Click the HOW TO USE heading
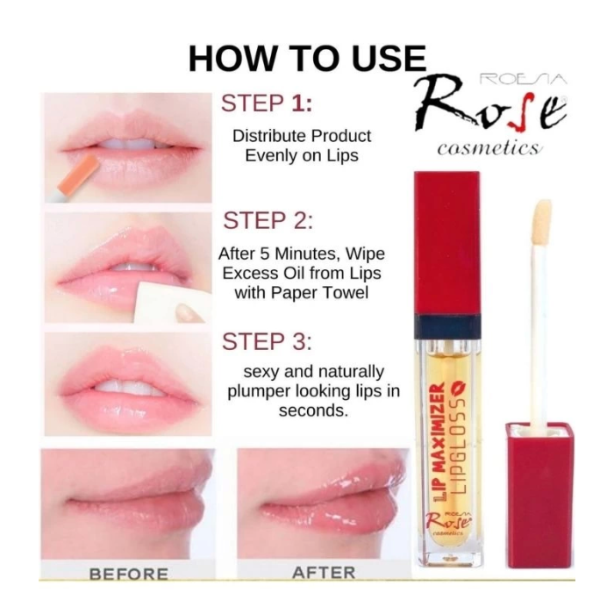[307, 58]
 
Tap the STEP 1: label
[267, 103]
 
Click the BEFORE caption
[128, 575]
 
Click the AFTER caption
[323, 573]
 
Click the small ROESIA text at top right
[518, 80]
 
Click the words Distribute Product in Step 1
[301, 136]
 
